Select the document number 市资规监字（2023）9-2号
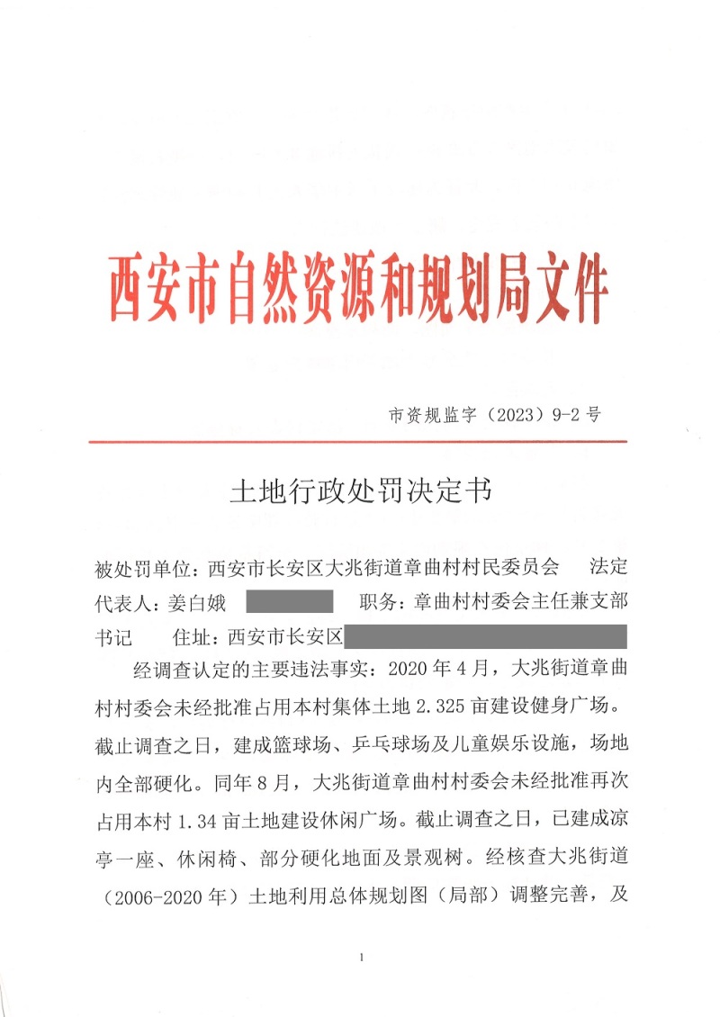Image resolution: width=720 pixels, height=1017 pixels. coord(493,415)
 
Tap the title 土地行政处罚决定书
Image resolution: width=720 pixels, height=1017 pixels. coord(361,491)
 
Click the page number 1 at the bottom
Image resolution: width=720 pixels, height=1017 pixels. coord(359,957)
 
